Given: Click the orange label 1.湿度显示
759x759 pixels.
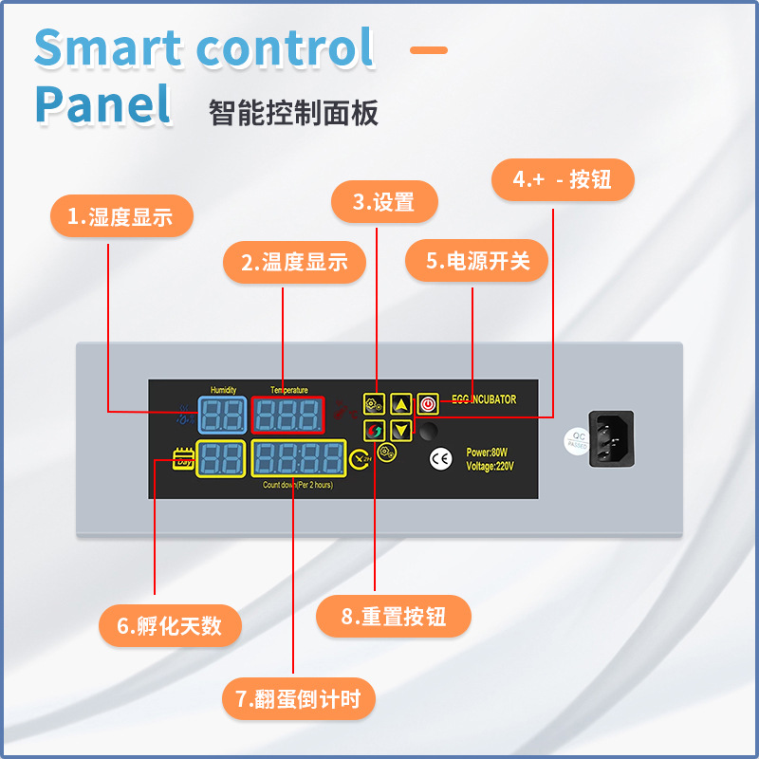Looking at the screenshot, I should pos(121,217).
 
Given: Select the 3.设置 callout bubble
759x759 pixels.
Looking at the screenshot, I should pos(384,202).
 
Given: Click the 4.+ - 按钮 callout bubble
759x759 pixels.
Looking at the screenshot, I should pos(563,180).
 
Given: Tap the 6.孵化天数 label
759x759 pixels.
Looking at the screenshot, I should pos(170,626).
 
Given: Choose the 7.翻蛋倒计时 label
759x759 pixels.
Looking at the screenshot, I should pos(299,700).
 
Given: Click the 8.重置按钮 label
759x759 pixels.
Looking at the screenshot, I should pos(394,617).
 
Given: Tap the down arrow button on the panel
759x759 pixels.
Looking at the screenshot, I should pos(401,430).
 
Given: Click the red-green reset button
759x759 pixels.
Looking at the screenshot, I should pos(374,430).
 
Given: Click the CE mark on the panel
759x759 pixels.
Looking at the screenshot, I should pos(441,459).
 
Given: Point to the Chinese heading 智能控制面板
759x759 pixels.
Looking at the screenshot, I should pos(293,113).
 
